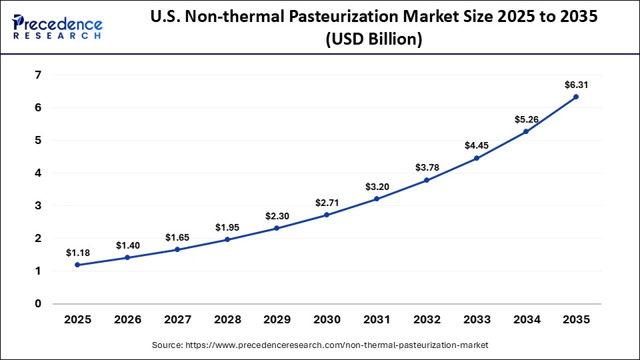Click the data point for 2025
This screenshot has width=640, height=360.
point(77,265)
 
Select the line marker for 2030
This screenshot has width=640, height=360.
point(327,215)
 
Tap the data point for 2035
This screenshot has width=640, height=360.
point(576,97)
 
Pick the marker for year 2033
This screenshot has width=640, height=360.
point(476,158)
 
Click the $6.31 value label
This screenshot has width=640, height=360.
point(576,85)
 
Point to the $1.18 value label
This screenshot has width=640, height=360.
point(77,253)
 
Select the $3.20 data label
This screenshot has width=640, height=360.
point(377,187)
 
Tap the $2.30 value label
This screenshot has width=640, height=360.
point(277,216)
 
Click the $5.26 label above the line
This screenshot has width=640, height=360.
point(526,119)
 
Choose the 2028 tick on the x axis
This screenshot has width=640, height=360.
point(227,319)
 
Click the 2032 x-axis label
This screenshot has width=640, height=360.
point(427,319)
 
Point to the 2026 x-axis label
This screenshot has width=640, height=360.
point(127,319)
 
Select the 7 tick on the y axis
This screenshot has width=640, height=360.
point(38,75)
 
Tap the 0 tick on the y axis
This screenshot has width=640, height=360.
point(38,303)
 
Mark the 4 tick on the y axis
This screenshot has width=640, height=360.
point(38,173)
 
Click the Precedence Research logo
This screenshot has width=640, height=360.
point(57,27)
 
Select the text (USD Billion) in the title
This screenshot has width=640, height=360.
point(373,40)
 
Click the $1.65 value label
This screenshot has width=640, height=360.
point(177,237)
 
